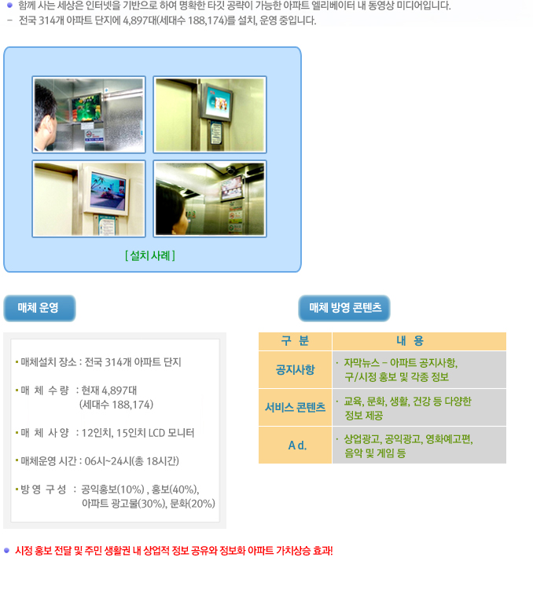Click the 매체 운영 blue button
(x=39, y=308)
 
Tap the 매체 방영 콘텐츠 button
(x=344, y=308)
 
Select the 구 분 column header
(x=296, y=341)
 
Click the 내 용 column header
(x=419, y=341)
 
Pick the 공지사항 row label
(x=296, y=369)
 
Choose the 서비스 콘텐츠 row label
(x=296, y=408)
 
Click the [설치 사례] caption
(x=150, y=255)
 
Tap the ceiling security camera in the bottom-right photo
(x=232, y=169)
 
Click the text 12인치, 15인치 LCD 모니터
(x=138, y=433)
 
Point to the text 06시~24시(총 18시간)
(x=131, y=461)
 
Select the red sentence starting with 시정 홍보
(x=174, y=551)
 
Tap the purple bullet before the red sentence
(x=6, y=550)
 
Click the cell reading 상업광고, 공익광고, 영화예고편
(x=408, y=439)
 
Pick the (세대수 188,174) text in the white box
(x=116, y=405)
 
